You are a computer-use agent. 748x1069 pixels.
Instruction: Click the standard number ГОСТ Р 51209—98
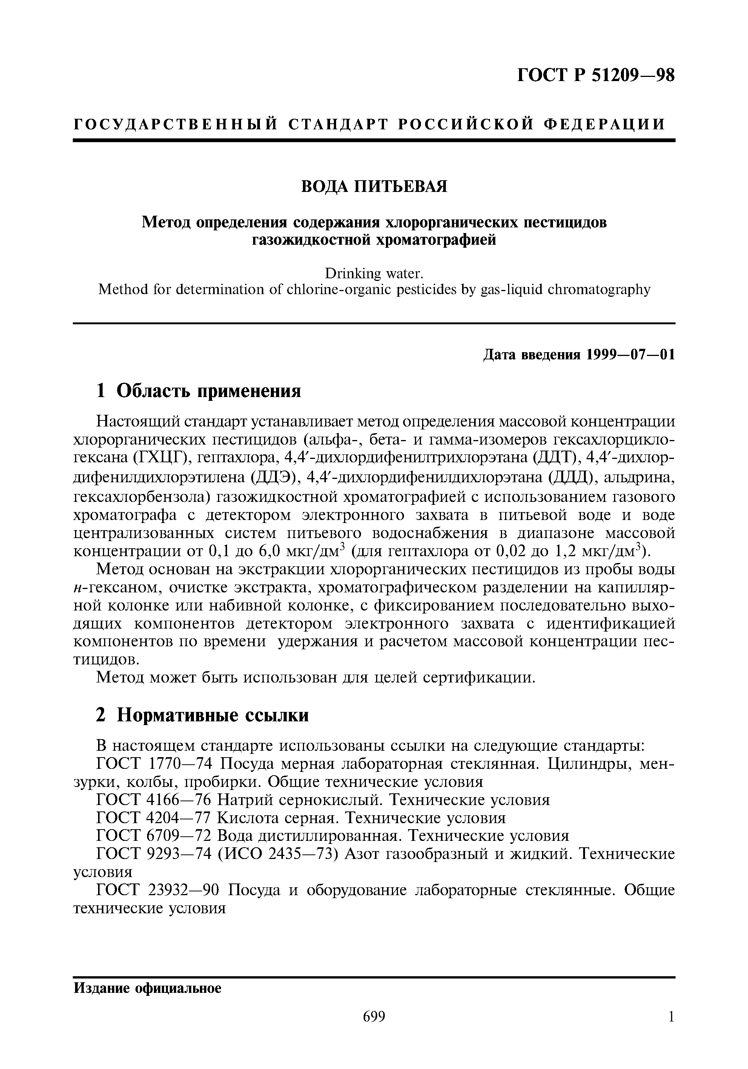[x=596, y=75]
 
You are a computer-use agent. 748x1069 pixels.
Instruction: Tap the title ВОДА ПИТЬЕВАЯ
[x=374, y=186]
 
